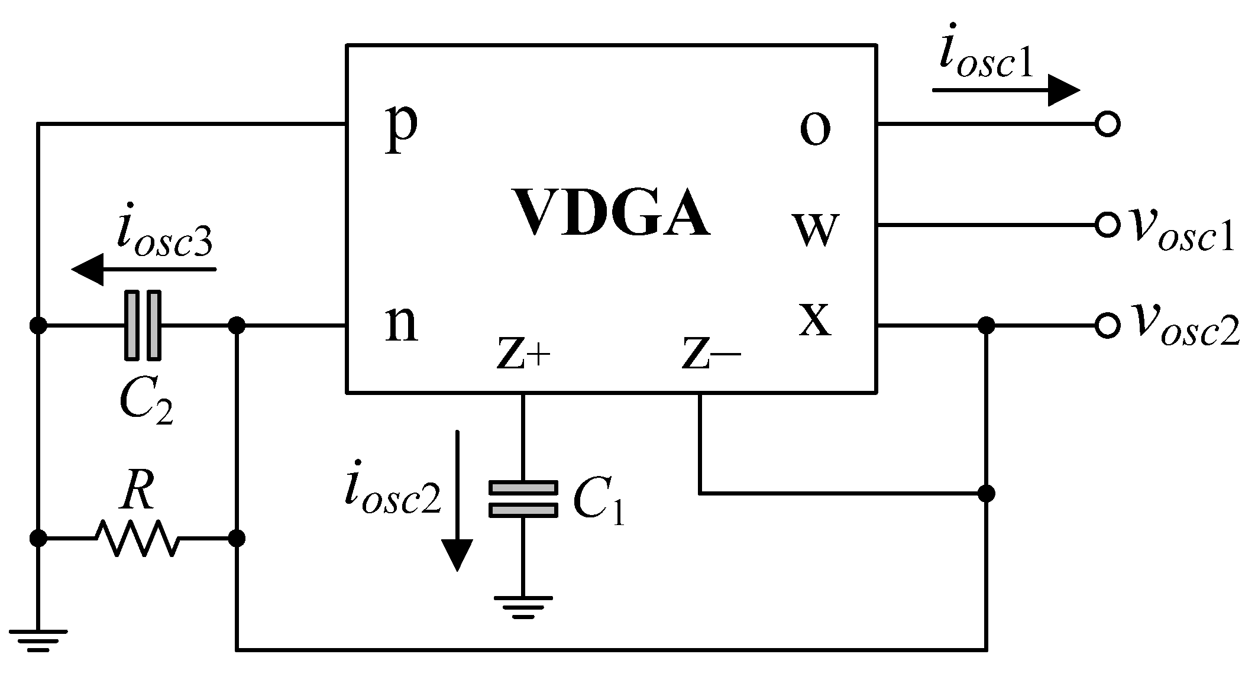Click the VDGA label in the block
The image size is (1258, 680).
pyautogui.click(x=613, y=213)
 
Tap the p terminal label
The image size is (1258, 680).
pyautogui.click(x=402, y=128)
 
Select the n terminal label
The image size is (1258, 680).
pyautogui.click(x=402, y=325)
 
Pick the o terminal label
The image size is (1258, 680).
pyautogui.click(x=815, y=129)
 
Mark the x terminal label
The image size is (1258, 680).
pyautogui.click(x=815, y=319)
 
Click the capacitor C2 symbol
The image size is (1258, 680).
pyautogui.click(x=143, y=325)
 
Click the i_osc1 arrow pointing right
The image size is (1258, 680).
pyautogui.click(x=1005, y=90)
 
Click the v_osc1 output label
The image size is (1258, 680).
pyautogui.click(x=1181, y=231)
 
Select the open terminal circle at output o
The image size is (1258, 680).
pyautogui.click(x=1107, y=124)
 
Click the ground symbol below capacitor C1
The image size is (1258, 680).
pyautogui.click(x=523, y=605)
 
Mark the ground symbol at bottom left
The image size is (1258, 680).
pyautogui.click(x=38, y=640)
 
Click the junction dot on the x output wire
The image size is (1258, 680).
pyautogui.click(x=985, y=325)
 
